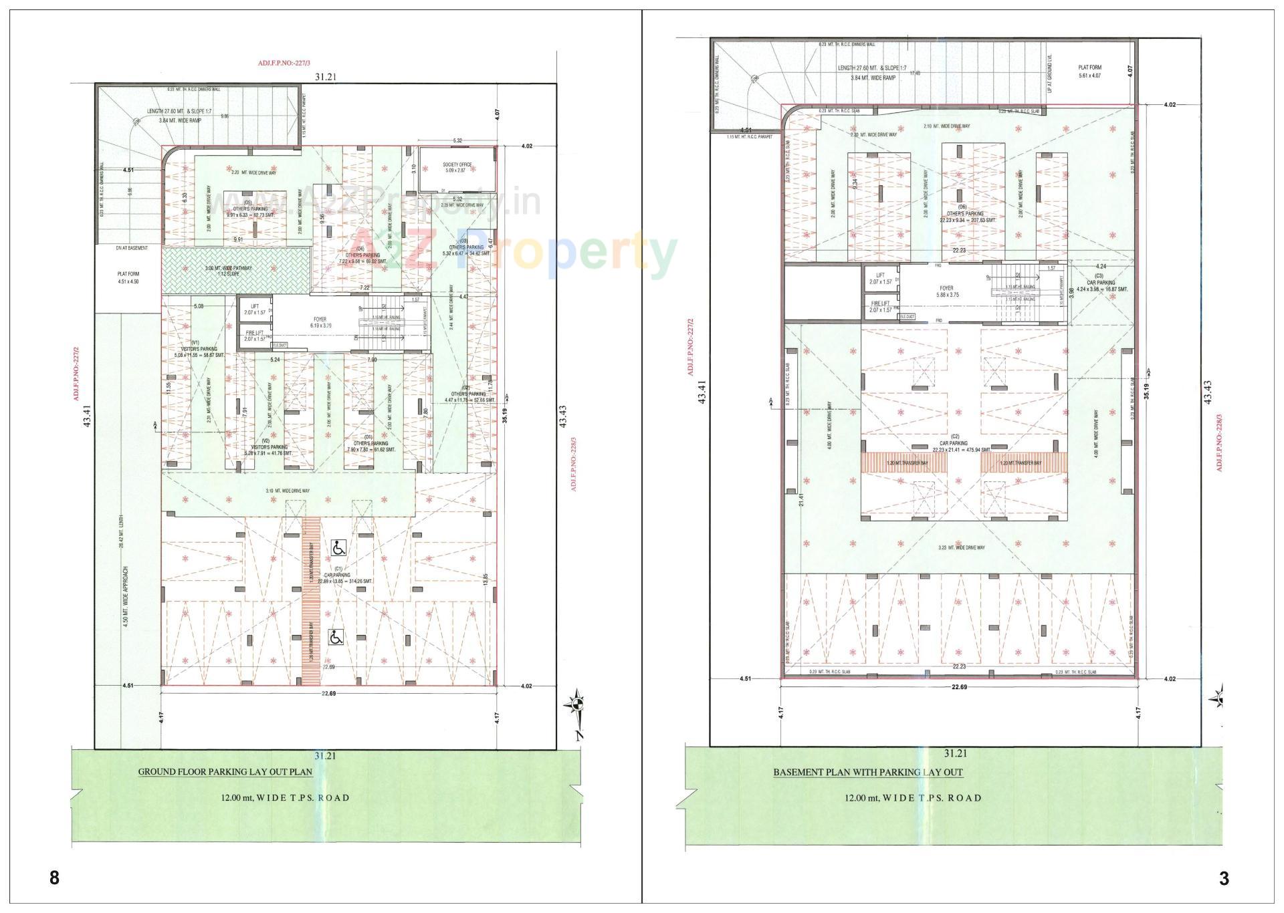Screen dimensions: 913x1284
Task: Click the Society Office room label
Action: click(x=457, y=168)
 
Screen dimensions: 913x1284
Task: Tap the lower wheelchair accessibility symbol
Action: click(x=336, y=638)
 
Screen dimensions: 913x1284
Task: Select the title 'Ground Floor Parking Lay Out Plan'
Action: click(x=225, y=771)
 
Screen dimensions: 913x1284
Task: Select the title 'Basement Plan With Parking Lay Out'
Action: click(x=868, y=772)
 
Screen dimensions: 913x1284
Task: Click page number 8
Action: click(x=55, y=878)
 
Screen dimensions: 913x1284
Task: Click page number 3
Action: click(x=1224, y=878)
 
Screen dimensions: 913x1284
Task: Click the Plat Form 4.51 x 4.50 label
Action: click(x=127, y=277)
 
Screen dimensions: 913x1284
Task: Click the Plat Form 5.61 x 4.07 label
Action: click(x=1089, y=72)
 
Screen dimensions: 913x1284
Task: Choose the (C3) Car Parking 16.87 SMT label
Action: click(x=1101, y=286)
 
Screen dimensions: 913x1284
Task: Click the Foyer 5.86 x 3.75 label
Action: click(x=946, y=293)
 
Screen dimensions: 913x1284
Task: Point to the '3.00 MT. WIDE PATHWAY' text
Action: click(x=228, y=269)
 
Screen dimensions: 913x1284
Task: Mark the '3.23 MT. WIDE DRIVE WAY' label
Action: click(x=962, y=547)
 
